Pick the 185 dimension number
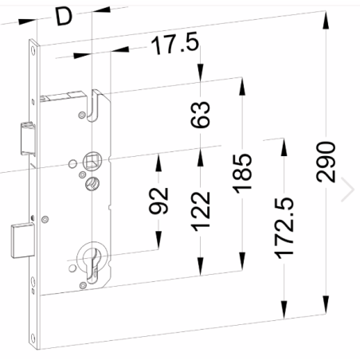(242, 170)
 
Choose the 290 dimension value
(326, 163)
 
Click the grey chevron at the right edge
(347, 189)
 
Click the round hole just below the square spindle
(89, 184)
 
